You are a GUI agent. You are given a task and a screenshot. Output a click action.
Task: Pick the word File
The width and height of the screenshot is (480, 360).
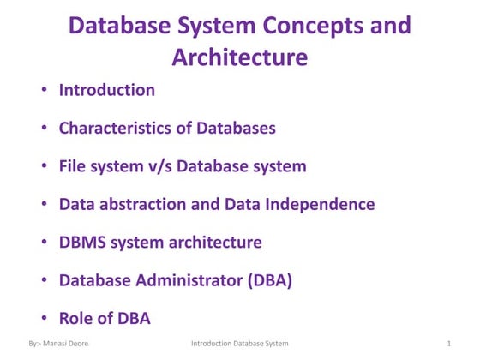tap(74, 166)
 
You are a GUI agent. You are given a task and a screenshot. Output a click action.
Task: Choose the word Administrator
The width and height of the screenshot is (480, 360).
tap(188, 280)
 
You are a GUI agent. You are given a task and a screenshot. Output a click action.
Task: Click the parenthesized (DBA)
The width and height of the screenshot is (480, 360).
tap(266, 280)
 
